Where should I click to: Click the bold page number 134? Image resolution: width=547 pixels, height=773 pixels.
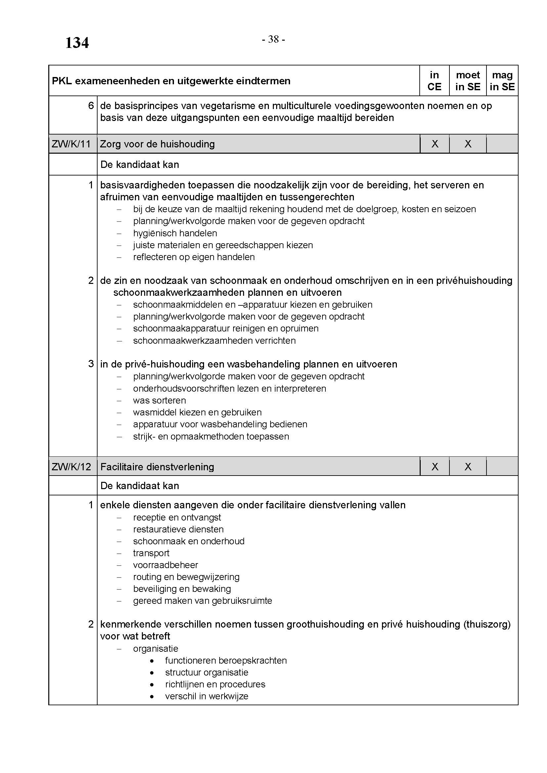coord(77,43)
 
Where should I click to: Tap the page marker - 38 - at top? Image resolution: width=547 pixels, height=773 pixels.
coord(273,39)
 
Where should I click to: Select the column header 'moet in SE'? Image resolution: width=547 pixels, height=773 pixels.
coord(468,81)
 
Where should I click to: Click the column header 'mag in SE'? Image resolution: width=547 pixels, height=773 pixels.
coord(502,81)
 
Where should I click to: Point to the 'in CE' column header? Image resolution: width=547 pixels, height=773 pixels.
coord(434,81)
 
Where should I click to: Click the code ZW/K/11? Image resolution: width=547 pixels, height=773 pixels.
coord(71,144)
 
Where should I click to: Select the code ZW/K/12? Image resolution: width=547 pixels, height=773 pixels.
coord(71,467)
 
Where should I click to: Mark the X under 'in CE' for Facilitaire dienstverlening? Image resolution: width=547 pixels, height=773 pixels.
coord(435,467)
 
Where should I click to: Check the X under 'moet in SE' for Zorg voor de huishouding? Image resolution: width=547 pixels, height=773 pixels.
coord(468,144)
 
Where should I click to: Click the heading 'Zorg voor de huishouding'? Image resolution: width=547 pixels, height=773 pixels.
coord(157,144)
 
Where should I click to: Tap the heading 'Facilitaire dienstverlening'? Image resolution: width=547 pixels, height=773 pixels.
coord(157,467)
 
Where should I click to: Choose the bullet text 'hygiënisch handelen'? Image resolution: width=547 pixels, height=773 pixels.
coord(175,233)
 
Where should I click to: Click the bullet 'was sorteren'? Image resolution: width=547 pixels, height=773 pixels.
coord(159,400)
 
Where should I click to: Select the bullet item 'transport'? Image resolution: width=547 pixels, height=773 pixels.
coord(151,553)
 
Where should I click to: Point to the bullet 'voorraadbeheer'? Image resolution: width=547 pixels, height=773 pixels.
coord(165,564)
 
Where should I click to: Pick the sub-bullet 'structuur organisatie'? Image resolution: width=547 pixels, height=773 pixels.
coord(206,672)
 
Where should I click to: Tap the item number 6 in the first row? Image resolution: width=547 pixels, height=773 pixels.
coord(91,106)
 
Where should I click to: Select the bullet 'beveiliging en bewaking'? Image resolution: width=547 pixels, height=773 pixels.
coord(182,589)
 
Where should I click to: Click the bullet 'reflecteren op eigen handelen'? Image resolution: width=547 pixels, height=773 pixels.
coord(194,257)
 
